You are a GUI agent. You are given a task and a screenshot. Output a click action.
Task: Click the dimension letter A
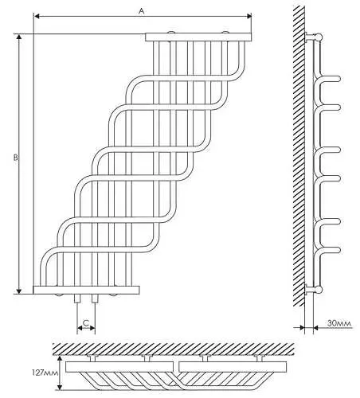pos(142,10)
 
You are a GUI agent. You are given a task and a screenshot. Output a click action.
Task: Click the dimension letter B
pos(16,158)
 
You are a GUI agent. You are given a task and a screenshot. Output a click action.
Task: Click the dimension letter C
pos(86,323)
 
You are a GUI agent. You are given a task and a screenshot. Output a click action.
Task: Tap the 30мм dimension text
pos(339,323)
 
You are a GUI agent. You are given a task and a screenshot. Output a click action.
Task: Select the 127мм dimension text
pos(45,373)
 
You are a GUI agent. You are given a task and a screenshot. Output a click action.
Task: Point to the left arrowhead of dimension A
pos(37,16)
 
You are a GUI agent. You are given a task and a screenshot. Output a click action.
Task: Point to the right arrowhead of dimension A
pos(249,16)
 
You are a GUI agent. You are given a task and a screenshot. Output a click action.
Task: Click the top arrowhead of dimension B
pos(19,37)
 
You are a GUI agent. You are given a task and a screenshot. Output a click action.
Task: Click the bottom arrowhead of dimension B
pos(19,291)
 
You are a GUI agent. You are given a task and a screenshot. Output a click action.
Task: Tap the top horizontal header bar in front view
pos(198,37)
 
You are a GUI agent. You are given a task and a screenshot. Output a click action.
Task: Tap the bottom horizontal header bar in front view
pos(86,290)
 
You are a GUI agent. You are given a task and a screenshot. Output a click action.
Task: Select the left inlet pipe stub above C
pos(77,298)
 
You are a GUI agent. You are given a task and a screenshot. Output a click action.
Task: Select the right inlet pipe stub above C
pos(95,298)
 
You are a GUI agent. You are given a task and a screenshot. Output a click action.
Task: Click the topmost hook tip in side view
pos(338,79)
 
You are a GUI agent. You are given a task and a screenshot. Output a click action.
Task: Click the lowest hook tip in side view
pos(338,250)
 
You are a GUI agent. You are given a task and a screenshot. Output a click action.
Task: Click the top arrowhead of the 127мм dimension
pos(60,359)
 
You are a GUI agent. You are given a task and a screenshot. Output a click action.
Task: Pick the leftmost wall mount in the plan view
pos(92,358)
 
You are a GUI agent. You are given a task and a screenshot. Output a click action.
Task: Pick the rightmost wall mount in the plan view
pos(259,358)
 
